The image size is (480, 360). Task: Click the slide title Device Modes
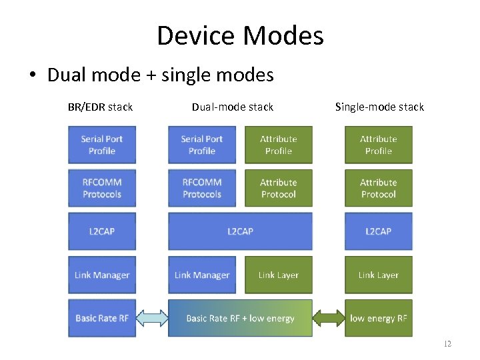[x=240, y=35]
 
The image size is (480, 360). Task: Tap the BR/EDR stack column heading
[x=100, y=107]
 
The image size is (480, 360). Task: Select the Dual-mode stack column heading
[x=233, y=107]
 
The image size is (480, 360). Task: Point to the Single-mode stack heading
[x=379, y=107]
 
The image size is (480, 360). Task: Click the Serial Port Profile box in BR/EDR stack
[x=102, y=145]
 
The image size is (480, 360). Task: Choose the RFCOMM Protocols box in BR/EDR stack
[x=102, y=188]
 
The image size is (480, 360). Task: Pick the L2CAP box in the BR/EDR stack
[x=102, y=231]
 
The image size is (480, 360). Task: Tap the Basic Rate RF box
[x=102, y=318]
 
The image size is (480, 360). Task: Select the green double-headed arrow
[x=328, y=318]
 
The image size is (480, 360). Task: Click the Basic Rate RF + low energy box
[x=240, y=318]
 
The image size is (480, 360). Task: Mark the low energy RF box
[x=378, y=318]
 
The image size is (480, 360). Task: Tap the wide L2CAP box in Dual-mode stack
[x=240, y=231]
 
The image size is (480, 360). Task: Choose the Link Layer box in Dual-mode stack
[x=278, y=275]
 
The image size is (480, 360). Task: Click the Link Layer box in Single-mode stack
[x=378, y=275]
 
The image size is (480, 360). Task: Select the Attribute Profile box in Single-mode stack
[x=378, y=145]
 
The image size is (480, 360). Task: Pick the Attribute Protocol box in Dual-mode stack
[x=278, y=188]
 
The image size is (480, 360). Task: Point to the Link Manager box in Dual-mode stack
[x=202, y=275]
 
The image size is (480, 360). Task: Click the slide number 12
[x=447, y=344]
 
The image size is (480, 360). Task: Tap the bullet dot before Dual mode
[x=32, y=75]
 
